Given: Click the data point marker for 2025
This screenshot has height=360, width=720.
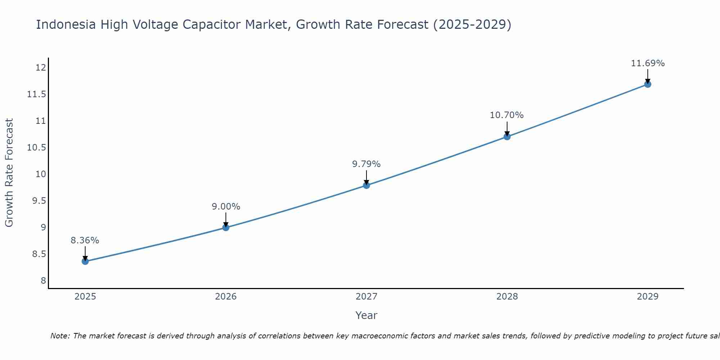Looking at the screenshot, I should [x=85, y=261].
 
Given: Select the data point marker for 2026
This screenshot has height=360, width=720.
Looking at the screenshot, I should [x=226, y=228].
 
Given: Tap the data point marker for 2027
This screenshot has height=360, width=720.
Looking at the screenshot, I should [x=366, y=185].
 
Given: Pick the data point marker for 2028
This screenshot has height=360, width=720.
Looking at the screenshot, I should [x=507, y=137].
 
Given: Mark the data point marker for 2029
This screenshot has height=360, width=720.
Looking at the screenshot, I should [x=648, y=84].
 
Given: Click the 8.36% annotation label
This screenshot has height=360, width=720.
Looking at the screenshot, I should [x=85, y=240].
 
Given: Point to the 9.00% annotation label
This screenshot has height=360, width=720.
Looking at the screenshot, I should [x=226, y=207].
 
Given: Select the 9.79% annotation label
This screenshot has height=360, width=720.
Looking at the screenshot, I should [x=366, y=164].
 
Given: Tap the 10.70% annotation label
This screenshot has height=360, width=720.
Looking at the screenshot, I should [x=507, y=115].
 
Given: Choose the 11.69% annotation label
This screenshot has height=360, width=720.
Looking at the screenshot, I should [x=648, y=63].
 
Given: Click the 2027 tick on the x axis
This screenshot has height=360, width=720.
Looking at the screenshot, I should [x=366, y=297].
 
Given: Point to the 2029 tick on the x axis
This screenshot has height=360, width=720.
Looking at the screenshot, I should [x=648, y=297].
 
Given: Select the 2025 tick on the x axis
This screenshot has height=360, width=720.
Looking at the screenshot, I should [x=85, y=297].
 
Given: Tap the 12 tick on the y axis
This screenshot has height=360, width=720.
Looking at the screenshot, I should [x=41, y=68].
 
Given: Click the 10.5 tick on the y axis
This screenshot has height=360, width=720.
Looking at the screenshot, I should [x=37, y=148].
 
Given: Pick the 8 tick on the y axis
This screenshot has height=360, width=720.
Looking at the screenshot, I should [x=43, y=281].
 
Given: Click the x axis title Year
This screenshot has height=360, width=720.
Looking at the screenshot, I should [x=366, y=315].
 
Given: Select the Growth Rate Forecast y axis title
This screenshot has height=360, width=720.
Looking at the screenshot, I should [x=9, y=173].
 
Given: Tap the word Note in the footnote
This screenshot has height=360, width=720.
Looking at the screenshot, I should [x=60, y=336].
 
